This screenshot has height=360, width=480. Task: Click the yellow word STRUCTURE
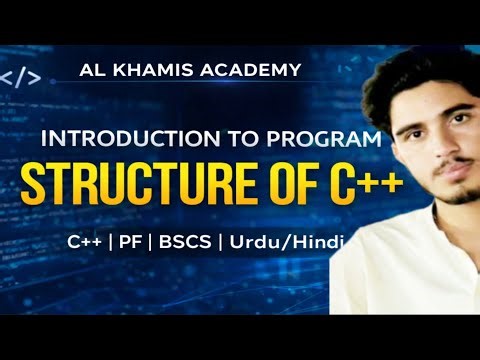126,185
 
